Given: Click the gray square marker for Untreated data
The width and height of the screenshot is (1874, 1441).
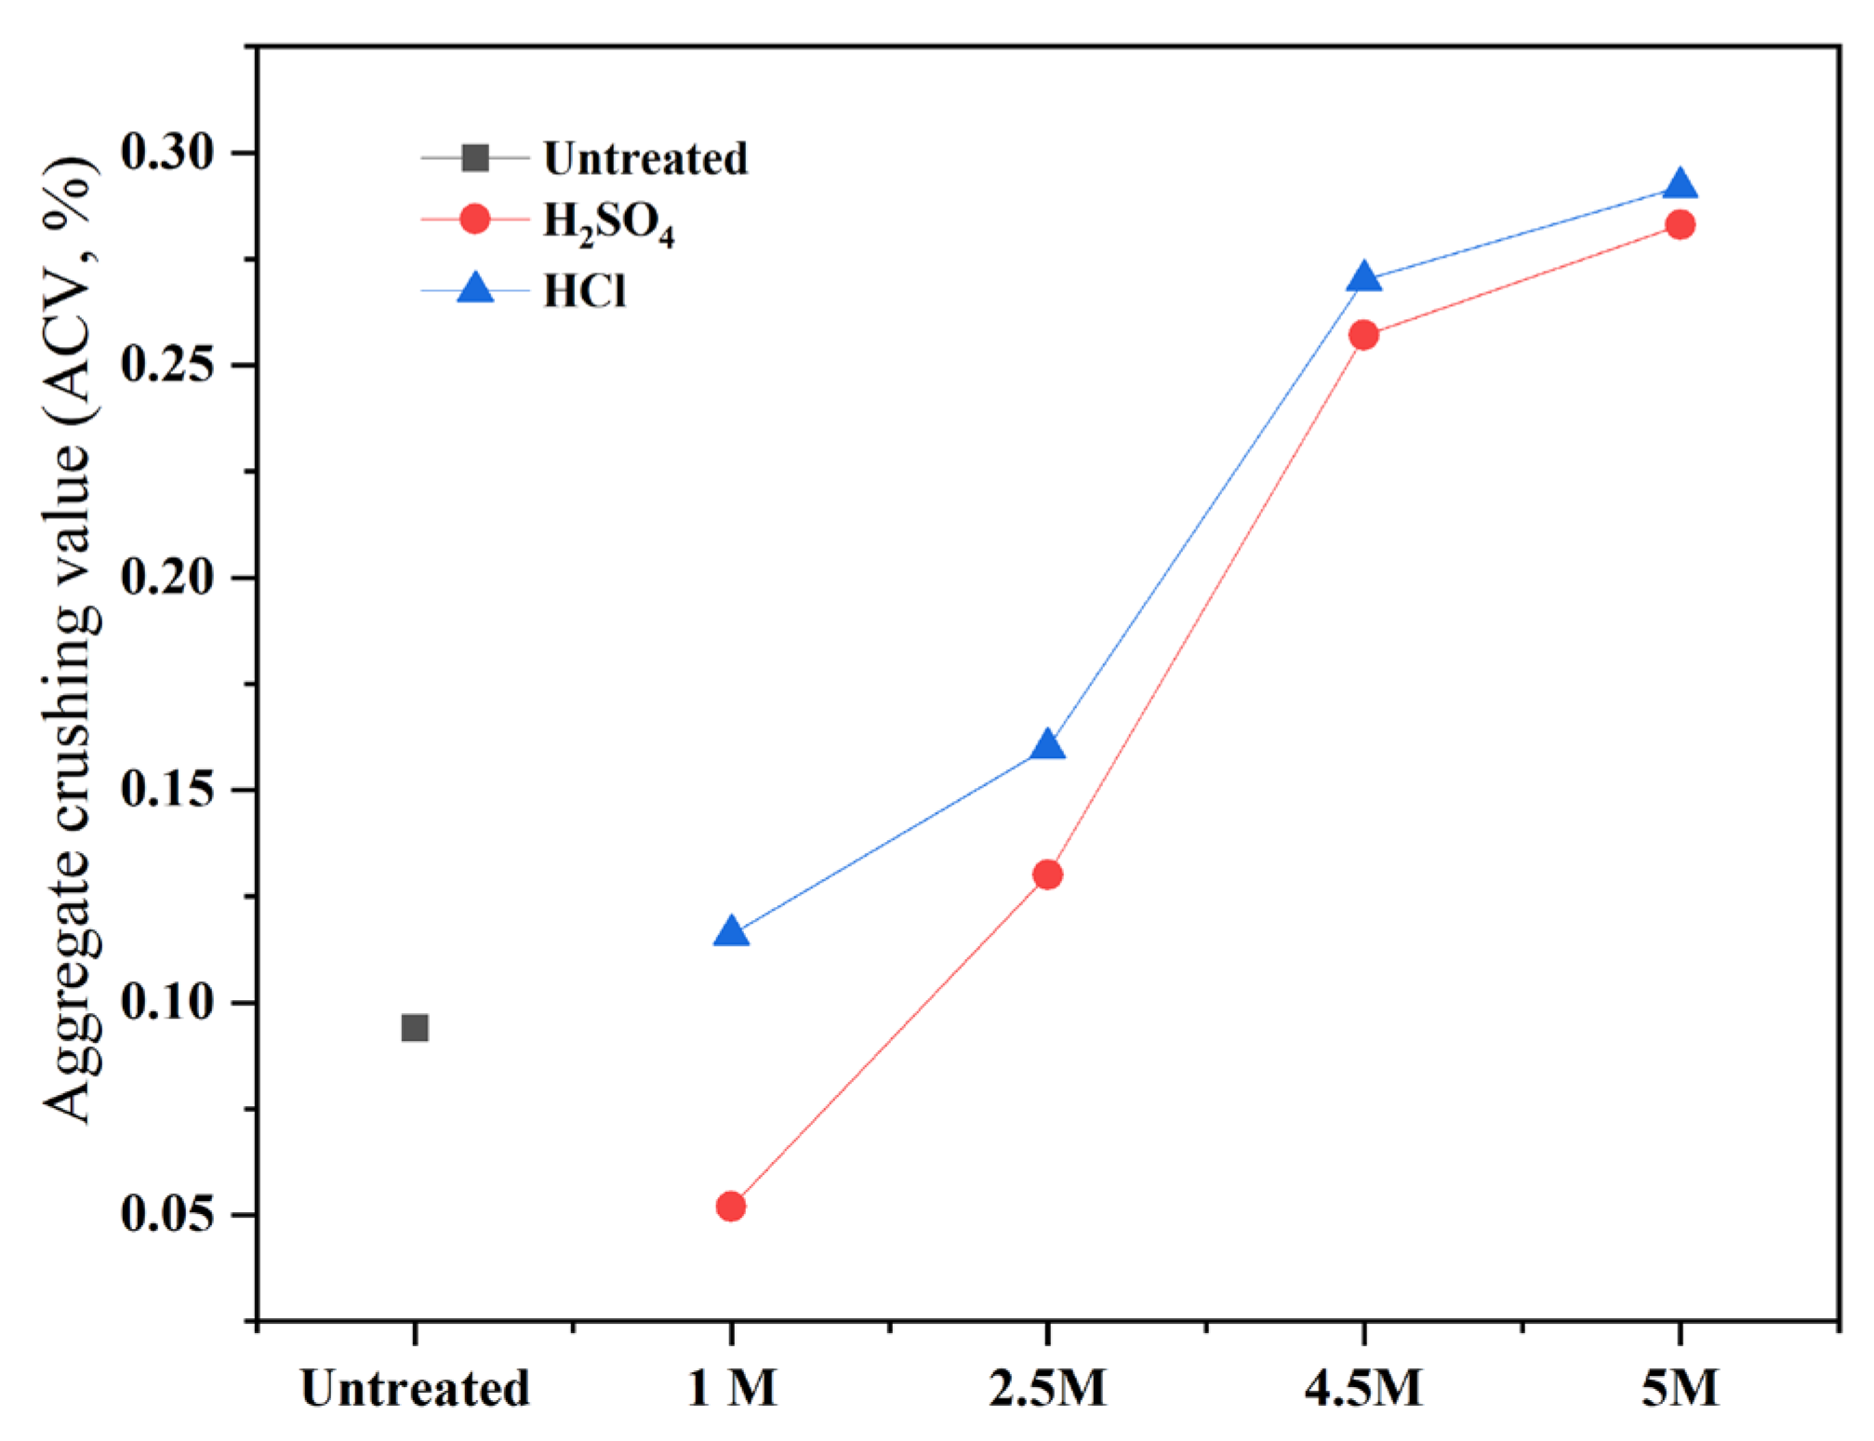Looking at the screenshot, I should pos(415,1028).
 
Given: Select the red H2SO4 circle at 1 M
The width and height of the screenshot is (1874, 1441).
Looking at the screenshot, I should pos(731,1207).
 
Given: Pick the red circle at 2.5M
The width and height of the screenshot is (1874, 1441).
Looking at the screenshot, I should pos(1048,874).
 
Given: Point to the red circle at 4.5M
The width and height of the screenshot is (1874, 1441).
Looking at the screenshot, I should pos(1364,335).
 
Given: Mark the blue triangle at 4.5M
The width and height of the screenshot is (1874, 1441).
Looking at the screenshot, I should pos(1364,278).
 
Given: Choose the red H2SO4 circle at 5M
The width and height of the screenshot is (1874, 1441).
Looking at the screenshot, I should pos(1681,224).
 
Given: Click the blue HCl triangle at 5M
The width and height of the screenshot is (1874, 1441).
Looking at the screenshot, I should pos(1681,185).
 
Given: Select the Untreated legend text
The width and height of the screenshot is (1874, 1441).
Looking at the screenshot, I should pos(645,158).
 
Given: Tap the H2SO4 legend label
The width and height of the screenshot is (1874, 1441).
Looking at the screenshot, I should pos(608,223).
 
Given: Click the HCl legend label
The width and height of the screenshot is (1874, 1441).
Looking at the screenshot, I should pos(585,291).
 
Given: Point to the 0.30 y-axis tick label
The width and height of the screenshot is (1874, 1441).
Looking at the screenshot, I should pos(167,152).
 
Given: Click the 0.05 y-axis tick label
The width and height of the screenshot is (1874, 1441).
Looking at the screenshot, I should pos(167,1214).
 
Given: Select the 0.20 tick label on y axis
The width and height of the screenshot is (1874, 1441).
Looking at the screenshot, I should pos(167,577).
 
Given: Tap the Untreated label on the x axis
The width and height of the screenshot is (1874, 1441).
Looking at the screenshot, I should pos(415,1388).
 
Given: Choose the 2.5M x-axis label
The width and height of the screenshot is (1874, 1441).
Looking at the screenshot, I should pos(1048,1388).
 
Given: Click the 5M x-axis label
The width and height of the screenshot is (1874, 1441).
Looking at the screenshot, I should pos(1681,1388).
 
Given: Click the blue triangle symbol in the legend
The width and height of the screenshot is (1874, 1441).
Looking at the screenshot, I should pos(475,288).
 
